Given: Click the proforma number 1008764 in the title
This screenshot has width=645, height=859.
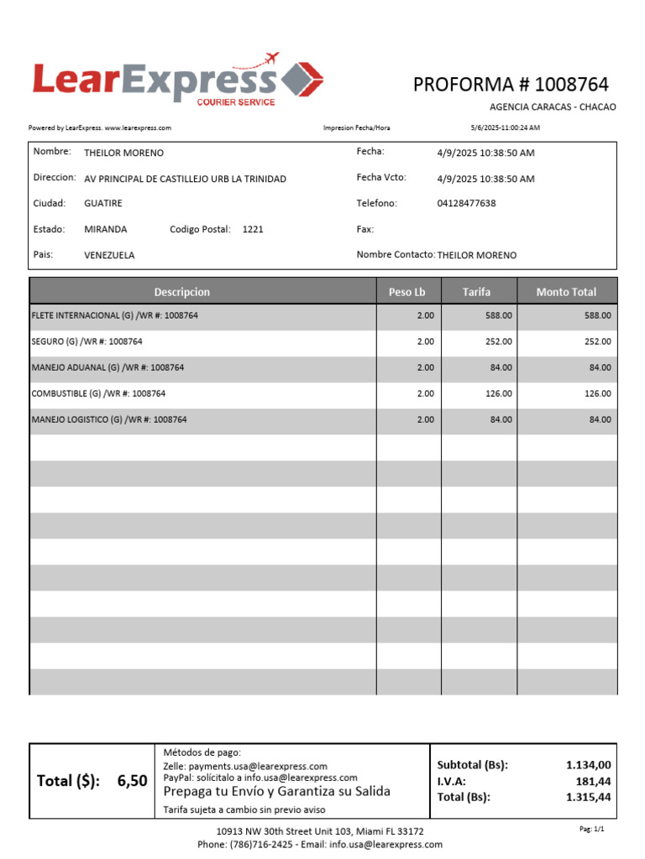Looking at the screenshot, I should (571, 85).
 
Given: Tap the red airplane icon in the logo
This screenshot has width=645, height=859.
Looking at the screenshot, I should (270, 59).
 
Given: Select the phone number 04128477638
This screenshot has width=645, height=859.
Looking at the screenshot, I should (466, 204).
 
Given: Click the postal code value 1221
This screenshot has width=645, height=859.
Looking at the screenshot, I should (253, 229).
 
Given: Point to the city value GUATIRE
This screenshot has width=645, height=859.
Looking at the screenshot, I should (102, 204).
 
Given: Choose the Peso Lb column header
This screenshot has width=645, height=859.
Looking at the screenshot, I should (407, 292).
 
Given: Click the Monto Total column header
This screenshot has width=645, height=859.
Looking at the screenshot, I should (566, 292).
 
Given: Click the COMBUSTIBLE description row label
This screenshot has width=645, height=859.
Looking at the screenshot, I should (98, 393).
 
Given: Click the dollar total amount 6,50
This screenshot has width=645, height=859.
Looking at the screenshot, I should (132, 781).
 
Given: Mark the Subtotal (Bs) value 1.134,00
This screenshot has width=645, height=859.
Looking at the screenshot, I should (588, 765).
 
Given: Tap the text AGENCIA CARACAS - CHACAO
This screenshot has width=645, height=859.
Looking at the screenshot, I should (552, 107).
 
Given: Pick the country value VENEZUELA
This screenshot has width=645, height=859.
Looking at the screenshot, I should (109, 255).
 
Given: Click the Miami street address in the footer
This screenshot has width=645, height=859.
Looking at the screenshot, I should (320, 831).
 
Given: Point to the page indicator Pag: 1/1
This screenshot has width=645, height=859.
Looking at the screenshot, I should (591, 829).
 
